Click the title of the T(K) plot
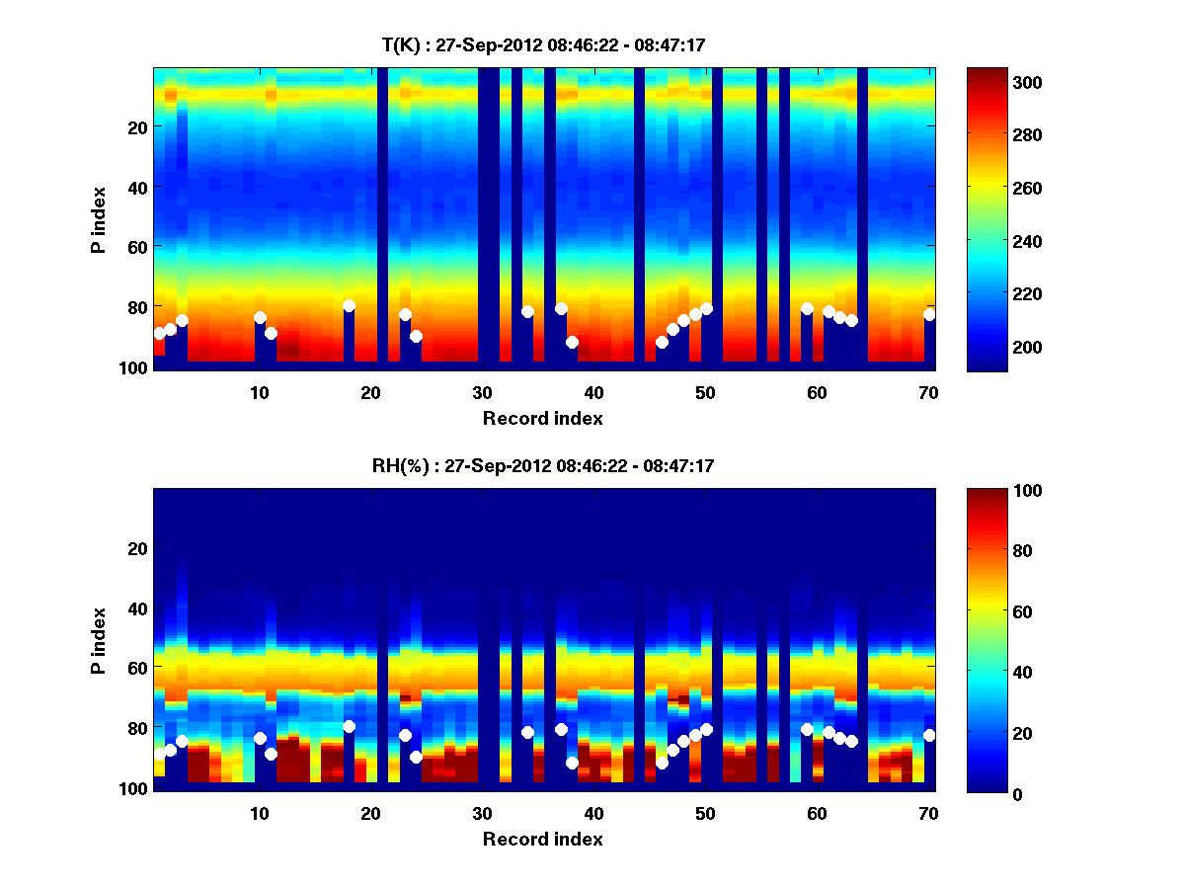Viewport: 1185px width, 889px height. point(543,44)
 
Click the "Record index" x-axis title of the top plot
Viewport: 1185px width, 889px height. point(543,419)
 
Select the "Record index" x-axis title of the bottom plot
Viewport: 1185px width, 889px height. point(543,840)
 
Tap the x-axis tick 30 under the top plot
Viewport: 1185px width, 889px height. point(482,392)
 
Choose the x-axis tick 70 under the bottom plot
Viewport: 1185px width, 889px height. point(928,813)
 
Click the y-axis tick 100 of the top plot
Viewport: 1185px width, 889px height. point(135,367)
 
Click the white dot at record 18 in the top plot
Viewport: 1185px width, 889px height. point(349,306)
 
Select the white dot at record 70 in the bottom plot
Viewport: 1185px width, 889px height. point(929,735)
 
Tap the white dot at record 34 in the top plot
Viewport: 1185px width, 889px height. point(527,312)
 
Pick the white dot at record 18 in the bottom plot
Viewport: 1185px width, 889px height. point(349,727)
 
